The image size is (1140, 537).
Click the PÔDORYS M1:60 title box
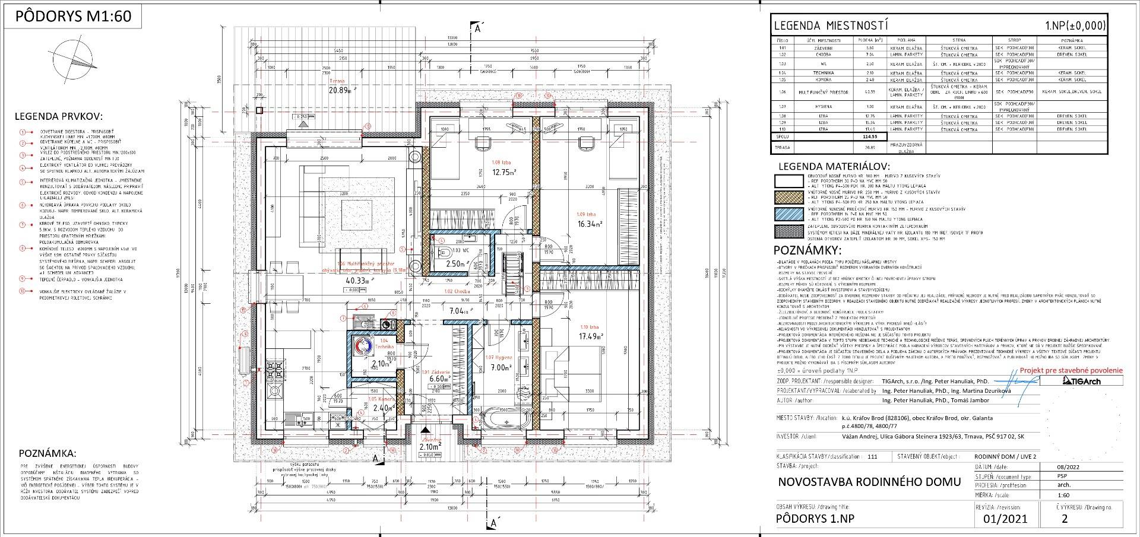pyautogui.click(x=73, y=16)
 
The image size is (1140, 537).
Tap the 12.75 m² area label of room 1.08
pyautogui.click(x=503, y=173)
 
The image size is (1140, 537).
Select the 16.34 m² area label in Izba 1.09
pyautogui.click(x=590, y=224)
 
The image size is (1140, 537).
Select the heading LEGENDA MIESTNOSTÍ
pyautogui.click(x=831, y=26)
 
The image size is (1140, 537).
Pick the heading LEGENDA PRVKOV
pyautogui.click(x=59, y=116)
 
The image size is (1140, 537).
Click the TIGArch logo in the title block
pyautogui.click(x=1081, y=381)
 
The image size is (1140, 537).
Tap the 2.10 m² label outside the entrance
pyautogui.click(x=430, y=447)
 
